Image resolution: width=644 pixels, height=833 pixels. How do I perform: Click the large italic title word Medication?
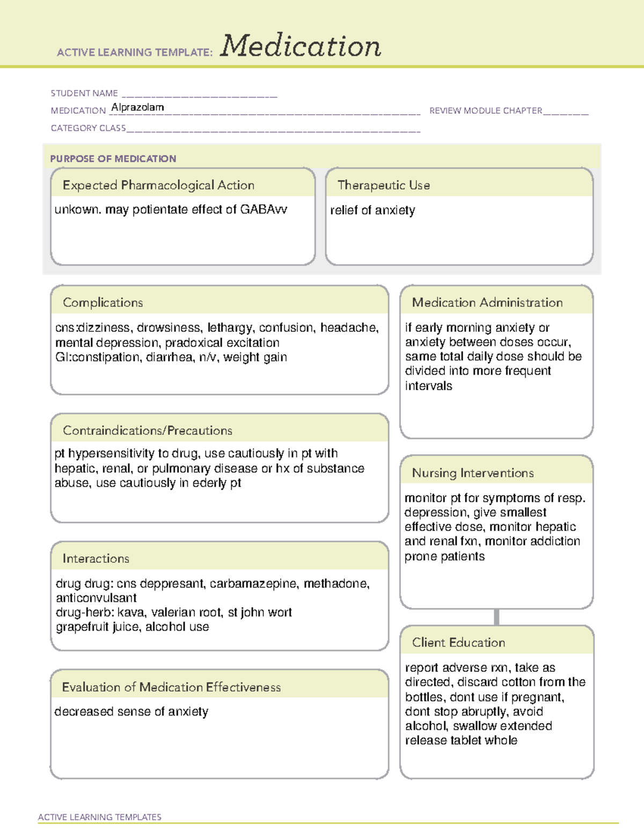pos(301,46)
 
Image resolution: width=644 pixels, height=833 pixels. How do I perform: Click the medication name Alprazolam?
pos(137,107)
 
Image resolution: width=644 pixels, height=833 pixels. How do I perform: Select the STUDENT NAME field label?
pos(84,93)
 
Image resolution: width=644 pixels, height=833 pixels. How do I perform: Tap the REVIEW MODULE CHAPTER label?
pos(486,110)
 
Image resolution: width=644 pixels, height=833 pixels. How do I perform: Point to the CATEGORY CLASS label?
pos(88,128)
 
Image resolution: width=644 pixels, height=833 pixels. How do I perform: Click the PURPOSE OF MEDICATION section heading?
pos(113,159)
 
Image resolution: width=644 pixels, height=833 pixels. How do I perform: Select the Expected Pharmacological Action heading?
pos(158,186)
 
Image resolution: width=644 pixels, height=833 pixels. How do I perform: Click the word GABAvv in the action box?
pos(263,210)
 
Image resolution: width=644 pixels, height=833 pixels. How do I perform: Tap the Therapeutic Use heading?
pos(383,186)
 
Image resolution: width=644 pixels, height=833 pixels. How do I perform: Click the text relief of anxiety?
pos(372,210)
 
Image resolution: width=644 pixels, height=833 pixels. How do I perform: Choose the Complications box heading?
pos(103,303)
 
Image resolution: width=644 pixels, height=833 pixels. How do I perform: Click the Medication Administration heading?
pos(487,303)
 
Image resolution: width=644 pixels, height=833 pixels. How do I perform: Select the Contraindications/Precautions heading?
pos(147,431)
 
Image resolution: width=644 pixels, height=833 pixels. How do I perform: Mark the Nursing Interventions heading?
pos(472,473)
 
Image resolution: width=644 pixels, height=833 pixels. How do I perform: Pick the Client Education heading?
pos(458,643)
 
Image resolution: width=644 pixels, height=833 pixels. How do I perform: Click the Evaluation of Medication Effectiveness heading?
pos(171,688)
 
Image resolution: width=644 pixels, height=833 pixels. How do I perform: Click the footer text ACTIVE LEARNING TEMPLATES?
pos(100,817)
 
